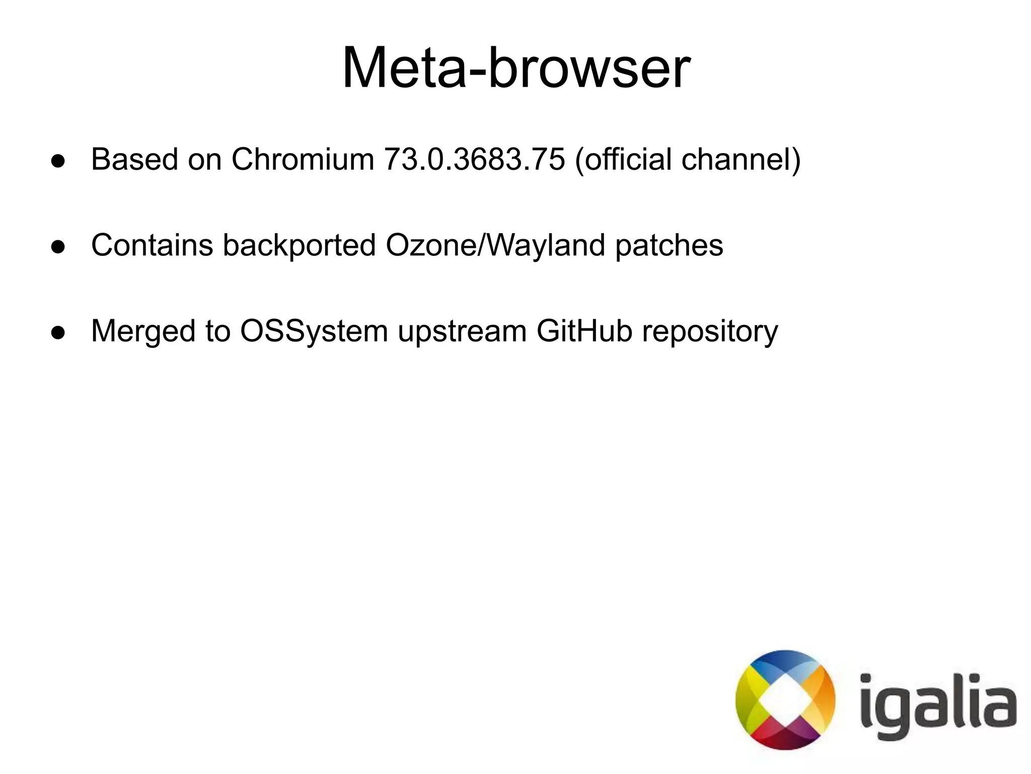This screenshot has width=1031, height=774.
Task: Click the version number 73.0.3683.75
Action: [474, 160]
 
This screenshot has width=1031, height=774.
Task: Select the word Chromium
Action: [303, 160]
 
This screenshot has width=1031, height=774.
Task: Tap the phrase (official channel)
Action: [687, 160]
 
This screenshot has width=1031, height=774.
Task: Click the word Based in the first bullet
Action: [134, 160]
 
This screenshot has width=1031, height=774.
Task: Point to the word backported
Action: [299, 246]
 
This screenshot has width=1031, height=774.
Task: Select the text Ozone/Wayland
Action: [495, 246]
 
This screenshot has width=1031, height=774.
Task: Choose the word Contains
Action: [152, 246]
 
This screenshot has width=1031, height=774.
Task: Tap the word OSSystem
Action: [314, 332]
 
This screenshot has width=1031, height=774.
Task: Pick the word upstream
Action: [462, 332]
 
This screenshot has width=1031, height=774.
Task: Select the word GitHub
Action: [584, 331]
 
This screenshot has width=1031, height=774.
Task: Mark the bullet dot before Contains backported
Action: [58, 247]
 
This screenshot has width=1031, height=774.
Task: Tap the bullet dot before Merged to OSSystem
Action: [58, 333]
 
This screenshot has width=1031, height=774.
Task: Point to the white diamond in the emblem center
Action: [785, 700]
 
